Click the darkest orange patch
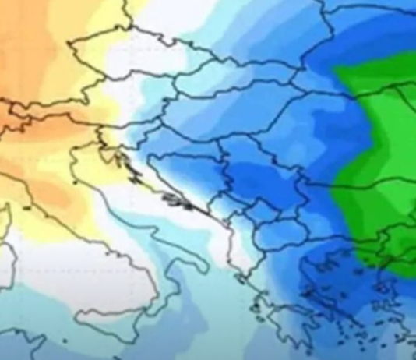click(16, 117)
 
